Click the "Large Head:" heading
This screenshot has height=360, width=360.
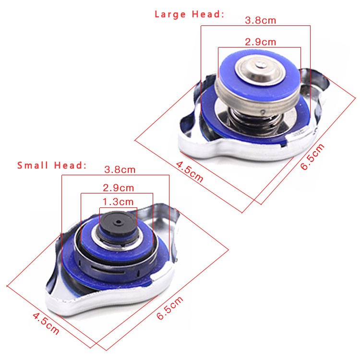click(189, 14)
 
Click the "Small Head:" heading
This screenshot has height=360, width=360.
click(52, 165)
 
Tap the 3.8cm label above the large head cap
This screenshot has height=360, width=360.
click(260, 21)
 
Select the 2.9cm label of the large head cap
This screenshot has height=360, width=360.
click(260, 42)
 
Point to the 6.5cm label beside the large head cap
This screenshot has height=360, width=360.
click(312, 156)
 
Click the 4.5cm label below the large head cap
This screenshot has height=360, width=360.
click(190, 172)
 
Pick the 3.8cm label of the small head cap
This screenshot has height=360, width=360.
click(120, 169)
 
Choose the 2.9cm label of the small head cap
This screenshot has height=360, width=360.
click(118, 188)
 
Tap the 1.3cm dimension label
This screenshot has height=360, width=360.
click(118, 202)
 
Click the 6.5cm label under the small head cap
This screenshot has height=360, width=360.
click(170, 308)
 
